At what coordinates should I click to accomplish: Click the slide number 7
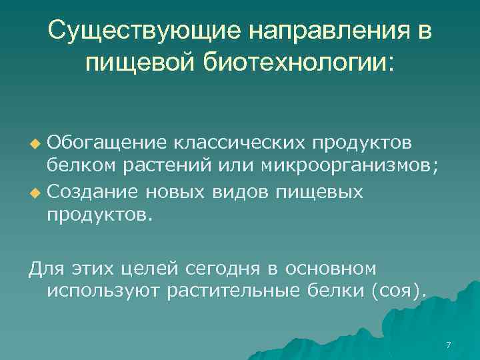[448, 345]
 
